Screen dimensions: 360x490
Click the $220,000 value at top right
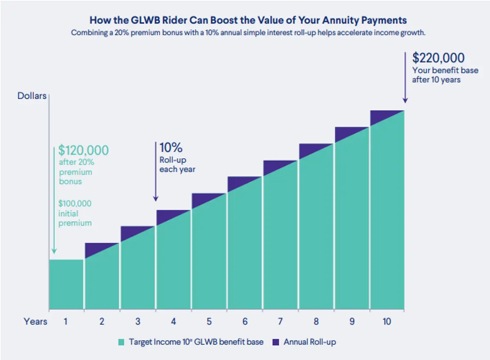[x=439, y=58]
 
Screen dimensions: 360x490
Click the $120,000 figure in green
[x=84, y=150]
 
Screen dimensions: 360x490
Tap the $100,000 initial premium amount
[x=75, y=203]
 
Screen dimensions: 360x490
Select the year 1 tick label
[x=65, y=322]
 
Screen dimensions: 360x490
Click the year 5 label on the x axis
[x=209, y=322]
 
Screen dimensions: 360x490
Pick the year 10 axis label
[x=387, y=322]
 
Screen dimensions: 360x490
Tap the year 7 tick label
[x=280, y=322]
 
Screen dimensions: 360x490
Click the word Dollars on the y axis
[x=32, y=96]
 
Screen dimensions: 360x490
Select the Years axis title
[x=35, y=322]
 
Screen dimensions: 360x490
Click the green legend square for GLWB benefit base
[x=121, y=342]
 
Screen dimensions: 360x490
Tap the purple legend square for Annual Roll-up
[x=276, y=342]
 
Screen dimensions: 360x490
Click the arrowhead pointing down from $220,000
[x=405, y=100]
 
